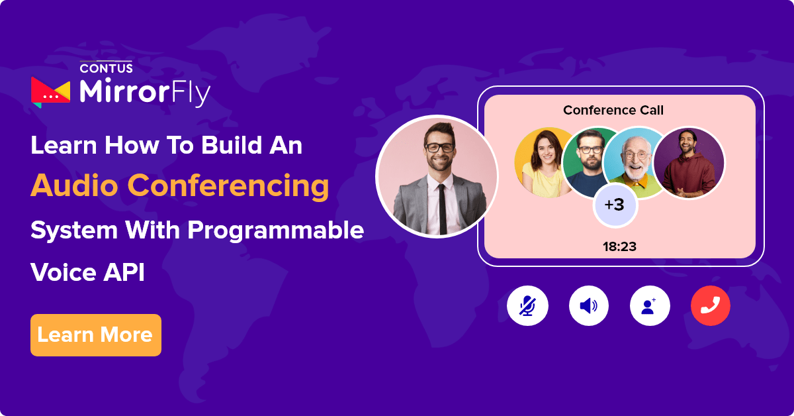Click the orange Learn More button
tap(96, 335)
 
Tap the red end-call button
tap(710, 306)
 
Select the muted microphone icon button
tap(527, 306)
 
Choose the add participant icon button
tap(650, 306)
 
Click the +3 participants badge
tap(615, 205)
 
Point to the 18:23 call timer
tap(619, 247)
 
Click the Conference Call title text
tap(613, 110)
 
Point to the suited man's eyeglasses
tap(438, 147)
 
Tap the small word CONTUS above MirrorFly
tap(106, 68)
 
